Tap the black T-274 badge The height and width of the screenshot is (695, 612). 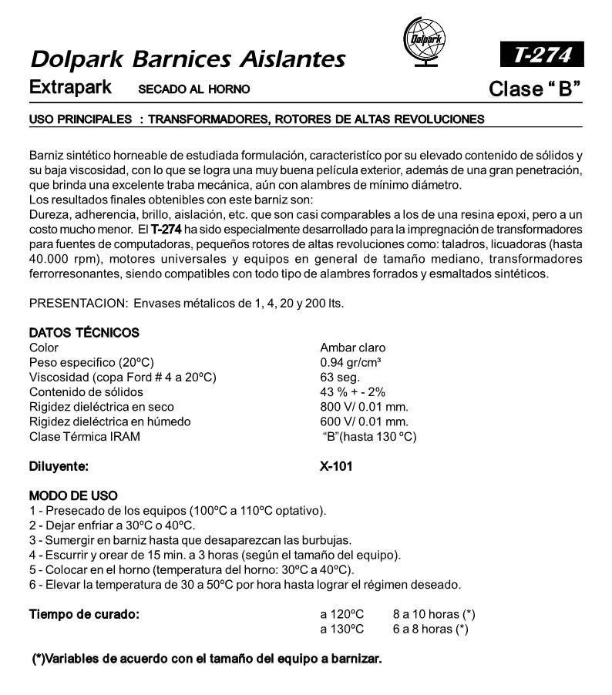coord(538,56)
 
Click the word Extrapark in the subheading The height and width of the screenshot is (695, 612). coord(69,88)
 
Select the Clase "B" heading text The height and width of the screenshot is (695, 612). coord(534,89)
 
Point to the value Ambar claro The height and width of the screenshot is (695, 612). coord(352,348)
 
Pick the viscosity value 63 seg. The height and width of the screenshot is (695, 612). coord(340,378)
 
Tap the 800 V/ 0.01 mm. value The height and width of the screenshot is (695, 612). coord(364,407)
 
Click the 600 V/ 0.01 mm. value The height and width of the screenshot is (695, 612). coord(364,421)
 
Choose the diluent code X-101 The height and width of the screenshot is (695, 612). coord(336,466)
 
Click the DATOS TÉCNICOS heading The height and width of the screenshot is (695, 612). coord(84,333)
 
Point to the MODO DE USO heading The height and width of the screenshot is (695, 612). coord(73,495)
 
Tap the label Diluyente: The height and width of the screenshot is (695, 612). coord(59,466)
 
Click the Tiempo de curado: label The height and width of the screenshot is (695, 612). coord(84,614)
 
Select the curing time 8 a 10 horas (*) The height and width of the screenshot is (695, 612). coord(433,614)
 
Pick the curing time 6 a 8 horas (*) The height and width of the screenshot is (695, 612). coord(430,629)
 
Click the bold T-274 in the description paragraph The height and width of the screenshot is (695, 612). coord(166,230)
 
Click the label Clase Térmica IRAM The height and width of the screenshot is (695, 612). coord(85,436)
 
